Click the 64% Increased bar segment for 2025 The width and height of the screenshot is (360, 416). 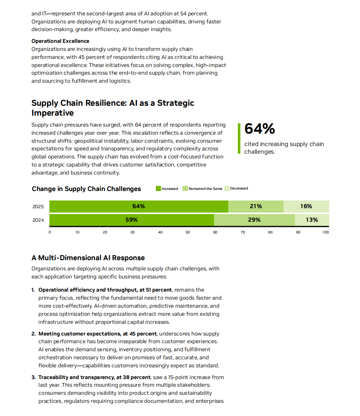point(139,206)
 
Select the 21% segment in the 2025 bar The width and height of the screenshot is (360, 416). point(256,206)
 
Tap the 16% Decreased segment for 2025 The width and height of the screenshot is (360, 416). point(306,206)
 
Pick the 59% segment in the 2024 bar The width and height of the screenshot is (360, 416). point(132,220)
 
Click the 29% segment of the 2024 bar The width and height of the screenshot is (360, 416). point(254,220)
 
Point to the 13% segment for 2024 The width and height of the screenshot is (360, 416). point(312,220)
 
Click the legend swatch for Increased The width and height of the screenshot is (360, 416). point(158,188)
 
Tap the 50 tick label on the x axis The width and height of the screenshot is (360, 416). point(188,232)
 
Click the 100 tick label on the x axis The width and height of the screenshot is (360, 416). point(326,232)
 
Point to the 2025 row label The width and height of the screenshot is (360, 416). point(38,207)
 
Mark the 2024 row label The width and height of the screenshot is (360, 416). point(38,220)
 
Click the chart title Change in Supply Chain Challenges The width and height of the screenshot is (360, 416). point(86,189)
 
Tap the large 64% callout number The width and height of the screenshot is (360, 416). point(259,128)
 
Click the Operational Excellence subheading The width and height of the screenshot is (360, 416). point(60,41)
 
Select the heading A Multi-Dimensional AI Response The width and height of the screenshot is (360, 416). point(88,258)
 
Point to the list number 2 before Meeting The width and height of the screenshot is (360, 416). point(33,334)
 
